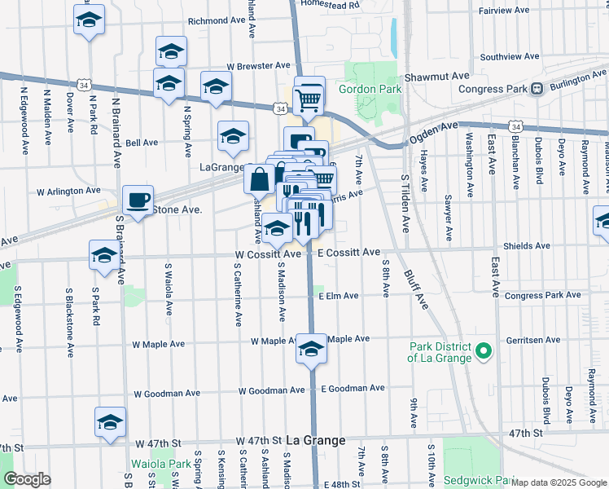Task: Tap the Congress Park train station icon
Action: (x=537, y=89)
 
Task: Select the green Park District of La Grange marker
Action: (x=484, y=352)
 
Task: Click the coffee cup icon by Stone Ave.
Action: (x=138, y=200)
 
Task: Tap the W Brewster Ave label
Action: (x=258, y=65)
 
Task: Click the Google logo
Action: (x=27, y=479)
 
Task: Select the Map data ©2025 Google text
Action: (x=559, y=482)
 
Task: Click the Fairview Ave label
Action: (x=505, y=11)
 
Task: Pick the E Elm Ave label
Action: (x=339, y=297)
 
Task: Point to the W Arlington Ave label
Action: (x=68, y=192)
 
